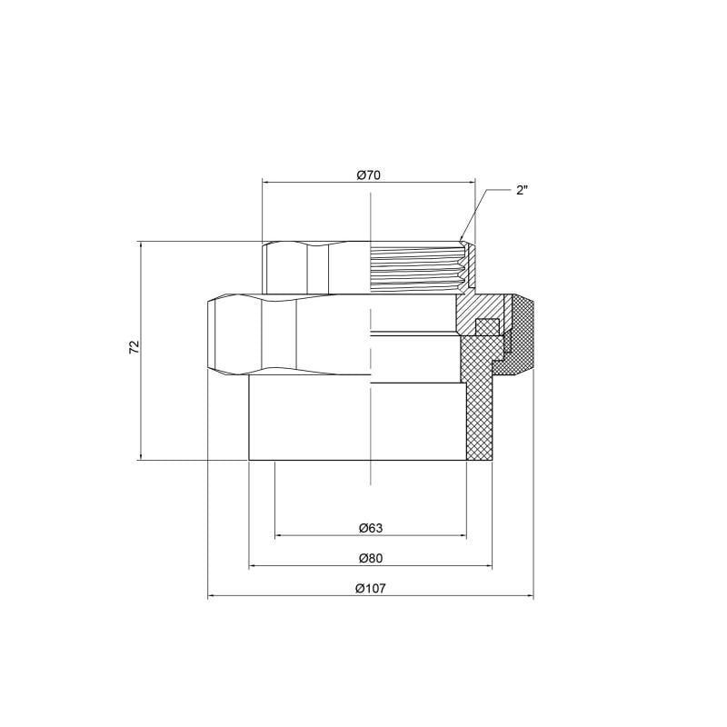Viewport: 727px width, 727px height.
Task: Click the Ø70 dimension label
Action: (x=368, y=174)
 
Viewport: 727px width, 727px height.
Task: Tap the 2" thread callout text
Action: (x=522, y=191)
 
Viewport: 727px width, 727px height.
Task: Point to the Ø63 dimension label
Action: (x=369, y=528)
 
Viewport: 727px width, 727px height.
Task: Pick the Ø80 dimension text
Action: (x=369, y=558)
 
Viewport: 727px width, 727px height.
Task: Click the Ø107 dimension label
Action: (x=370, y=588)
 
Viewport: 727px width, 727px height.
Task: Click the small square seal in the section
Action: (x=488, y=325)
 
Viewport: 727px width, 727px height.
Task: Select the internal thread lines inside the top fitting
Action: (x=413, y=267)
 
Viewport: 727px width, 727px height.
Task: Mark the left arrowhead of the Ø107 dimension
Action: (x=213, y=597)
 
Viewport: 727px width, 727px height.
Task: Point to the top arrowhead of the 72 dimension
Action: (x=141, y=246)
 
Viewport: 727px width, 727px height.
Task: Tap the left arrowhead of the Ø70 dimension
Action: (x=267, y=182)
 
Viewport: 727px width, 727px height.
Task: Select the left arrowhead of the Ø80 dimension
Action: (x=254, y=567)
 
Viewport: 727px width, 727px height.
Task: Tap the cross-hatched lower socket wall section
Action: (x=478, y=409)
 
